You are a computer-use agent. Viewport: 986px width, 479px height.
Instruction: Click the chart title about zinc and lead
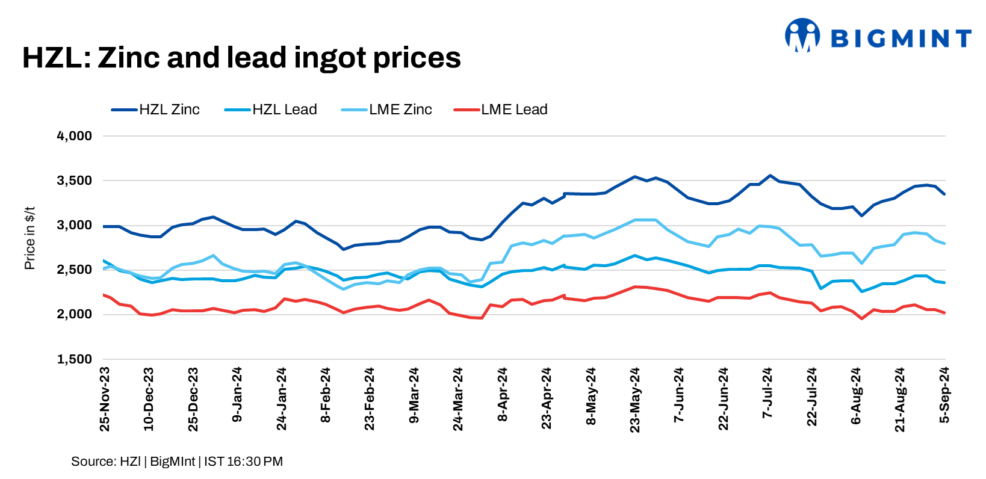pyautogui.click(x=241, y=58)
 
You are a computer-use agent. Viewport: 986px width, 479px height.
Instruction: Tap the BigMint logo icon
pyautogui.click(x=802, y=35)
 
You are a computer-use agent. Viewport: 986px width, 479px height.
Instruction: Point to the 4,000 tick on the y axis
pyautogui.click(x=74, y=136)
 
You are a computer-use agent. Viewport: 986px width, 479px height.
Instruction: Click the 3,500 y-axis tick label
pyautogui.click(x=74, y=181)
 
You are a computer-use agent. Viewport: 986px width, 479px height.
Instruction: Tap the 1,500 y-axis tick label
pyautogui.click(x=74, y=359)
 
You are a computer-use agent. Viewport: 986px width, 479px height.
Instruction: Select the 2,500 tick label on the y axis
pyautogui.click(x=74, y=270)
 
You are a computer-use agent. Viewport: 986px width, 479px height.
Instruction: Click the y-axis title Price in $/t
pyautogui.click(x=29, y=238)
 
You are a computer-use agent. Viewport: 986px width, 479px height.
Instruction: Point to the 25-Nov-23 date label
pyautogui.click(x=105, y=399)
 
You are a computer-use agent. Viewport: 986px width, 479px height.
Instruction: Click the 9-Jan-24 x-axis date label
pyautogui.click(x=237, y=395)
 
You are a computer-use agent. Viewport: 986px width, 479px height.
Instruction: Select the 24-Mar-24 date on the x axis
pyautogui.click(x=458, y=399)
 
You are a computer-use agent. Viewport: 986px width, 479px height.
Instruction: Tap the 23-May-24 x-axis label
pyautogui.click(x=635, y=400)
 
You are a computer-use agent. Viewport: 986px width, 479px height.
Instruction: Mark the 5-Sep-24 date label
pyautogui.click(x=944, y=395)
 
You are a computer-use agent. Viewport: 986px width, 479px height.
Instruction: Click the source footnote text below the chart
pyautogui.click(x=177, y=462)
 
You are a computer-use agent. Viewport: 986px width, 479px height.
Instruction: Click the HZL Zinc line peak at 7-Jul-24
pyautogui.click(x=769, y=176)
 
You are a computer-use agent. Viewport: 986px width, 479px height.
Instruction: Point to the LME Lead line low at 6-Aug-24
pyautogui.click(x=862, y=318)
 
